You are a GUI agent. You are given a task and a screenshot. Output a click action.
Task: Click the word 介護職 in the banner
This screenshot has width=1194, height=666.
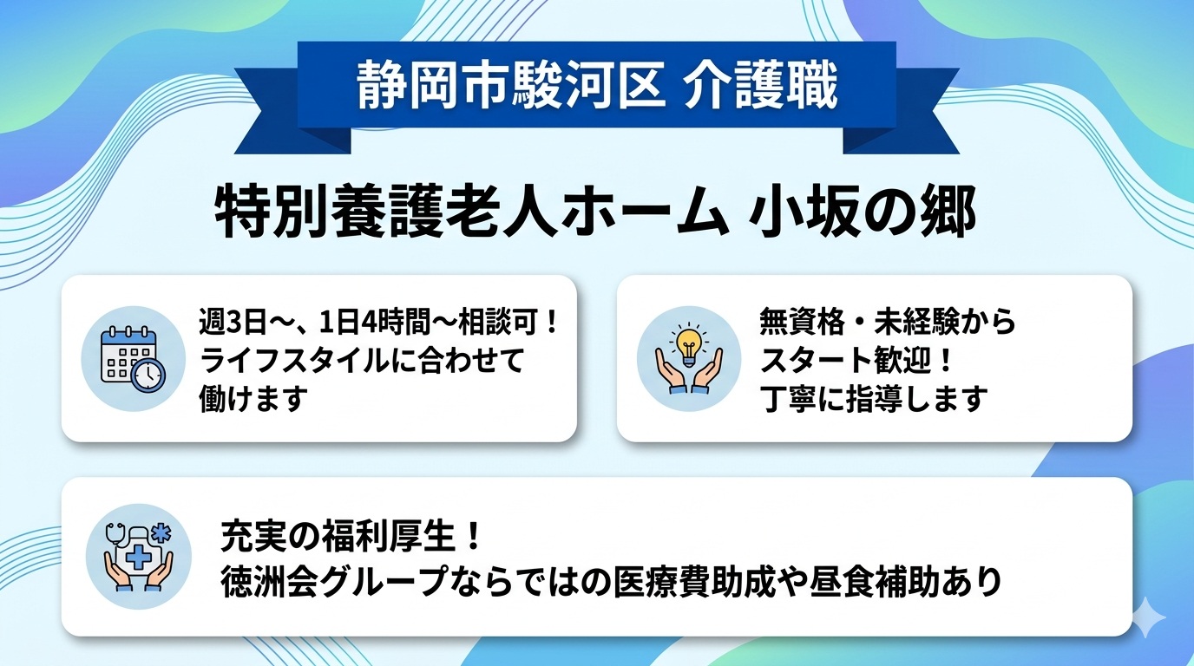click(760, 87)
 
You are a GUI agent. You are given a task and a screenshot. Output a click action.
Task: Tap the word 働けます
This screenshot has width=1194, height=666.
click(253, 399)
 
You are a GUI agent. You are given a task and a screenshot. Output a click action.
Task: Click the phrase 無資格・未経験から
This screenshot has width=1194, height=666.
click(887, 323)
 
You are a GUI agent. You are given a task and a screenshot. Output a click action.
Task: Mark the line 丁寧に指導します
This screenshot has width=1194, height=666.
click(873, 399)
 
